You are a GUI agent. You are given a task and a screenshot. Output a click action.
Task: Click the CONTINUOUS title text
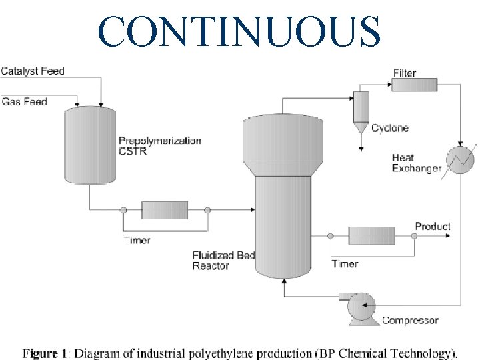tap(239, 29)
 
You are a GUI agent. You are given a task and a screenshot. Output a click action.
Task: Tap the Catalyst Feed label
tap(33, 71)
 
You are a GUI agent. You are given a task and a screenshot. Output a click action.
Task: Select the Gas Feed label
tap(25, 101)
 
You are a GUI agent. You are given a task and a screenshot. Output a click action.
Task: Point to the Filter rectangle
tap(414, 85)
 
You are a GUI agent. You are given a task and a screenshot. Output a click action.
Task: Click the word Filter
tap(405, 73)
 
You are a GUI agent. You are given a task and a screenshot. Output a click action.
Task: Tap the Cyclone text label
tap(390, 128)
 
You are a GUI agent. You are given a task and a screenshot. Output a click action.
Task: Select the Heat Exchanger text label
tap(416, 163)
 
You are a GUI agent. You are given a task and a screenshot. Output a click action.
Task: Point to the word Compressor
tap(410, 321)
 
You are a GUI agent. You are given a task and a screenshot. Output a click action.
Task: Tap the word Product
tap(433, 227)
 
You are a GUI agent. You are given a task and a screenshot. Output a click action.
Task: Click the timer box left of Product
tap(372, 235)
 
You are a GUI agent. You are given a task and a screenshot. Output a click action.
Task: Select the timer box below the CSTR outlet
tap(165, 210)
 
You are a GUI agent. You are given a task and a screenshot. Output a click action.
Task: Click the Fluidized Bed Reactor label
tap(223, 261)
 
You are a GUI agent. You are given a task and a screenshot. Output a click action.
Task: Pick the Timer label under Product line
tap(345, 264)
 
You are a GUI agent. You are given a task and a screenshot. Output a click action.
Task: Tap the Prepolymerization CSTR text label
tap(160, 146)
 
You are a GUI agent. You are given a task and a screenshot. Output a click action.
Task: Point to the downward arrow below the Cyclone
tap(361, 147)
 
